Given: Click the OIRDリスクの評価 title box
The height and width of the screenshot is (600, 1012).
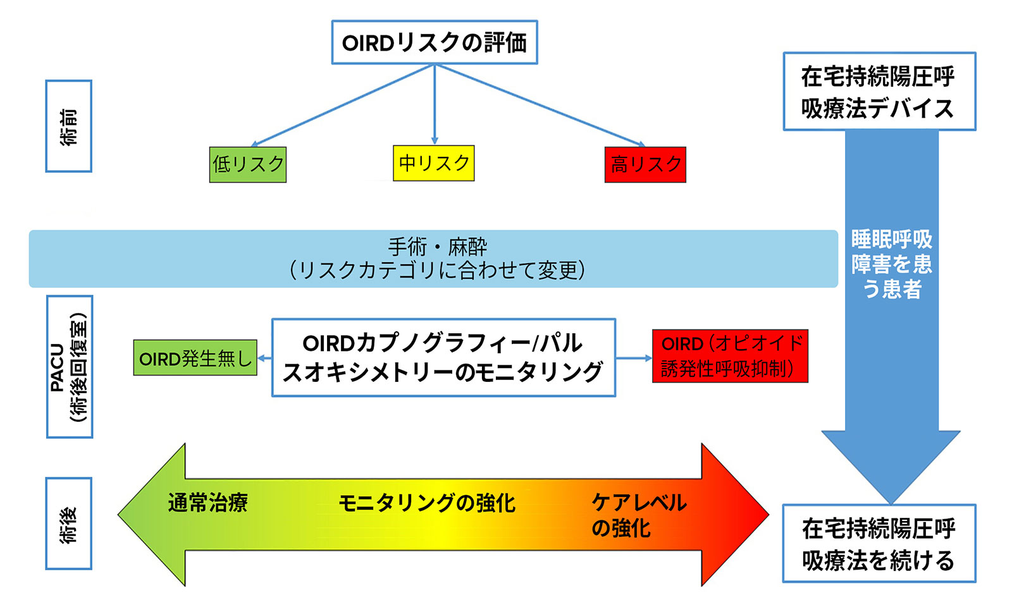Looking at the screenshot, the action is pyautogui.click(x=434, y=42).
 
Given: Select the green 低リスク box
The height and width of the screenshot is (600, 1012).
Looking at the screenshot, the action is pyautogui.click(x=247, y=164).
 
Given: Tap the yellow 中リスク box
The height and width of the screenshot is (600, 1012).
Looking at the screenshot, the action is pyautogui.click(x=434, y=163).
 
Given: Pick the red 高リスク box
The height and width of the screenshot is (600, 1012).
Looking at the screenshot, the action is pyautogui.click(x=645, y=164).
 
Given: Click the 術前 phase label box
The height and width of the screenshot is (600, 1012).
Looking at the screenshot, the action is pyautogui.click(x=69, y=126).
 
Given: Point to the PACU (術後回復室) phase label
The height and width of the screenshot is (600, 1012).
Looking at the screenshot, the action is pyautogui.click(x=70, y=367).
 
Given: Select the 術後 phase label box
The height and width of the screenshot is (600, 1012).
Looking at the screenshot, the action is pyautogui.click(x=69, y=523).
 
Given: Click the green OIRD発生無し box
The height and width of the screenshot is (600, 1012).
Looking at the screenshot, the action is pyautogui.click(x=195, y=358).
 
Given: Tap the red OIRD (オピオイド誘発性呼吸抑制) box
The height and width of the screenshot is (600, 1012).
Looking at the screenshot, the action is pyautogui.click(x=730, y=356).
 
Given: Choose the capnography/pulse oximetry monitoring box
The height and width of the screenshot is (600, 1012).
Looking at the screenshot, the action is pyautogui.click(x=443, y=358).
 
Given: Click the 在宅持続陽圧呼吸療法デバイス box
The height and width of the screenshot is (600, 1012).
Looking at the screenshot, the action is pyautogui.click(x=879, y=91).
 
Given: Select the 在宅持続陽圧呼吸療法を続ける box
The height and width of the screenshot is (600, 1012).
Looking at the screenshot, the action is pyautogui.click(x=879, y=543).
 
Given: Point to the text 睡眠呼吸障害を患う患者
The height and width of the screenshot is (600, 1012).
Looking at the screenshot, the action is pyautogui.click(x=891, y=264).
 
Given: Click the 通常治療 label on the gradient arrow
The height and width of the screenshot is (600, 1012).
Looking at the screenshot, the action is pyautogui.click(x=208, y=503).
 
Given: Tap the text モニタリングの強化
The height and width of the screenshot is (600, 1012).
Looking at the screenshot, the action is pyautogui.click(x=427, y=503).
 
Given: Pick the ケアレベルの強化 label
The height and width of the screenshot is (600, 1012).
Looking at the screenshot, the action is pyautogui.click(x=639, y=515).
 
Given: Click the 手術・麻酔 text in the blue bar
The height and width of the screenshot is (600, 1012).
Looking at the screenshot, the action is pyautogui.click(x=437, y=247).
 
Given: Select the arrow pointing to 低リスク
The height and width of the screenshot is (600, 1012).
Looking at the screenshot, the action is pyautogui.click(x=342, y=105).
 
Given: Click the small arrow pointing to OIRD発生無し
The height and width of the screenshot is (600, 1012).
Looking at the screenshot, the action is pyautogui.click(x=264, y=358).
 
